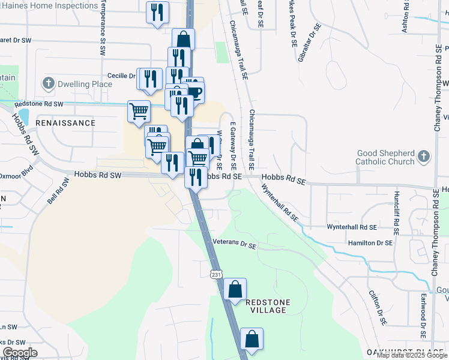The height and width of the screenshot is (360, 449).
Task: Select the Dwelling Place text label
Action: pos(85,84)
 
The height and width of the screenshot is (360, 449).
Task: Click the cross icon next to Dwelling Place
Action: pos(49,84)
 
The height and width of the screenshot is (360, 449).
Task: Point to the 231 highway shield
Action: pos(215,274)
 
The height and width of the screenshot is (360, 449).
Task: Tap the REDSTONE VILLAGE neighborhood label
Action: pos(268,305)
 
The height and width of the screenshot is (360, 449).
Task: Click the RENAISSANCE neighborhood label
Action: pos(65,123)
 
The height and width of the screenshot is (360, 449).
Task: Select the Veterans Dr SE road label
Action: pos(235,245)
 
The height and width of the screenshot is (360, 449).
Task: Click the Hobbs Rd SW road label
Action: pos(98,175)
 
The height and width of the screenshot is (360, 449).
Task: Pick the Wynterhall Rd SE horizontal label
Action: pos(352,227)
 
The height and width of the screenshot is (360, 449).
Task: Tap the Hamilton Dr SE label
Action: pos(370,243)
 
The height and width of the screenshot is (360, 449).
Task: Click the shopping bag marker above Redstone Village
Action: pos(235,290)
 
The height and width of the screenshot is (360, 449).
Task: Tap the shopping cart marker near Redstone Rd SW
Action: pos(139,110)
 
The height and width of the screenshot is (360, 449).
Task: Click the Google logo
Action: pos(20,353)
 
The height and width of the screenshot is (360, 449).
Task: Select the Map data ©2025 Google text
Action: pos(411,355)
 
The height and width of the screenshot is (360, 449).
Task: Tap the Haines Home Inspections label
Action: pos(49,5)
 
